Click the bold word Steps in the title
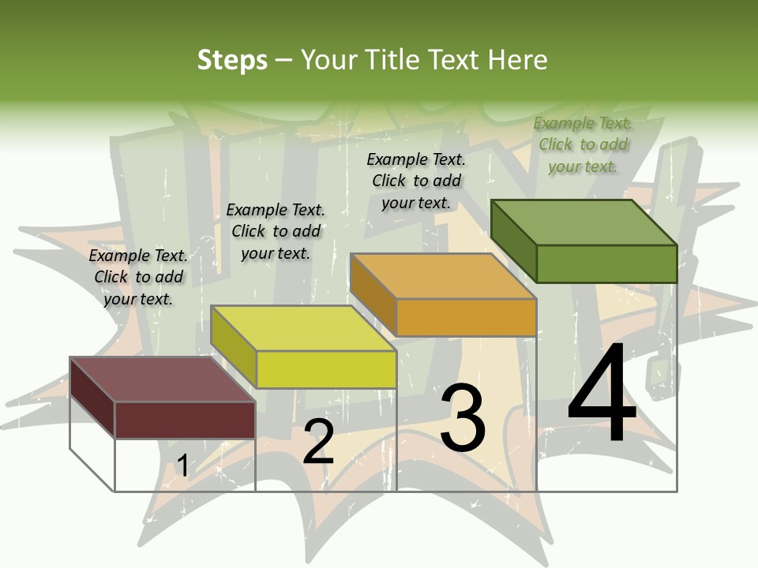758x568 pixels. point(232,60)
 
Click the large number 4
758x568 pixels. point(602,394)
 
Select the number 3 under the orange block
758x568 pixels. point(462,418)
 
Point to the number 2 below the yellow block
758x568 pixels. point(318,443)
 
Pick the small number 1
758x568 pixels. point(182,466)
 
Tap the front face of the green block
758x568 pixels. point(606,263)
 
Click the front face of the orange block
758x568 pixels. point(466,317)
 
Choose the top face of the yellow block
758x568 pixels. point(303,328)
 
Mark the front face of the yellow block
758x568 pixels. point(326,369)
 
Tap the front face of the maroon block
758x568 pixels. point(185,420)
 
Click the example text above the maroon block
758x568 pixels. point(138,277)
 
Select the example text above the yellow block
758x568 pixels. point(276,231)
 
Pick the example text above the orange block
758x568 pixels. point(416,181)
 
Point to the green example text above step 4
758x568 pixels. point(583,144)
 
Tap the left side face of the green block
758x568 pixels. point(513,240)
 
